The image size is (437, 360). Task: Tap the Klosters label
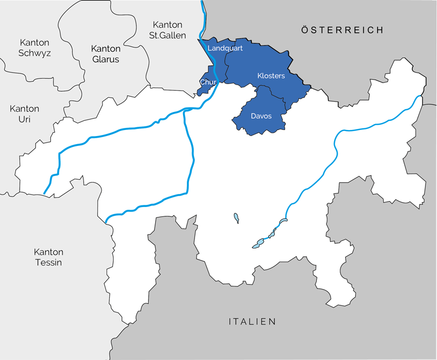(271, 76)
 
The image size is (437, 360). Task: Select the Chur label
(208, 82)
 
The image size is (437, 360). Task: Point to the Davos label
(261, 116)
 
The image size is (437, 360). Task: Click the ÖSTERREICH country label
(342, 30)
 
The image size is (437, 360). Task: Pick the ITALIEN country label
(252, 322)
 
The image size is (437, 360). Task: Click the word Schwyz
(35, 53)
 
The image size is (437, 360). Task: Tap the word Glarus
(105, 59)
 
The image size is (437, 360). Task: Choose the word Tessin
(49, 262)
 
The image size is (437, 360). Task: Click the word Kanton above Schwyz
(34, 43)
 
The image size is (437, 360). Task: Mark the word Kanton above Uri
(25, 109)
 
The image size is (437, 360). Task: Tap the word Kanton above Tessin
(49, 252)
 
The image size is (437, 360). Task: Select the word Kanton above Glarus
(105, 49)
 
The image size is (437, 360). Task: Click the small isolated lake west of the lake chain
(236, 217)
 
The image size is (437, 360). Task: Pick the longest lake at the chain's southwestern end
(258, 245)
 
